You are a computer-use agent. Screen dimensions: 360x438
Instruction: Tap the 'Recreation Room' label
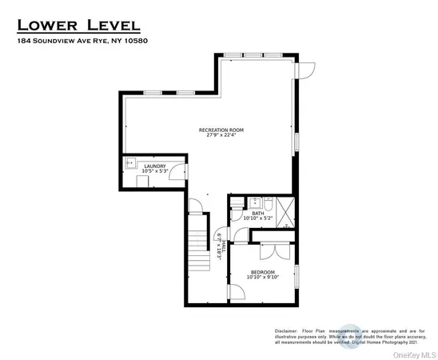pos(221,130)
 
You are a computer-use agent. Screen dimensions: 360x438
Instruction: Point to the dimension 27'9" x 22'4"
pos(221,136)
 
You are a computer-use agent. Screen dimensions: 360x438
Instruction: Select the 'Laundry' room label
pos(154,166)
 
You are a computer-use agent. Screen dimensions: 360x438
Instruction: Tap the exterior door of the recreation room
pos(303,71)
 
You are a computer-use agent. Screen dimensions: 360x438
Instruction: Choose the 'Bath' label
pos(257,213)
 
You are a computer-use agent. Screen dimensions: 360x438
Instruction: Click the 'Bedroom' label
pos(262,273)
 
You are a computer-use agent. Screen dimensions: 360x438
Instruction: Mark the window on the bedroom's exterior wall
pos(297,276)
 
